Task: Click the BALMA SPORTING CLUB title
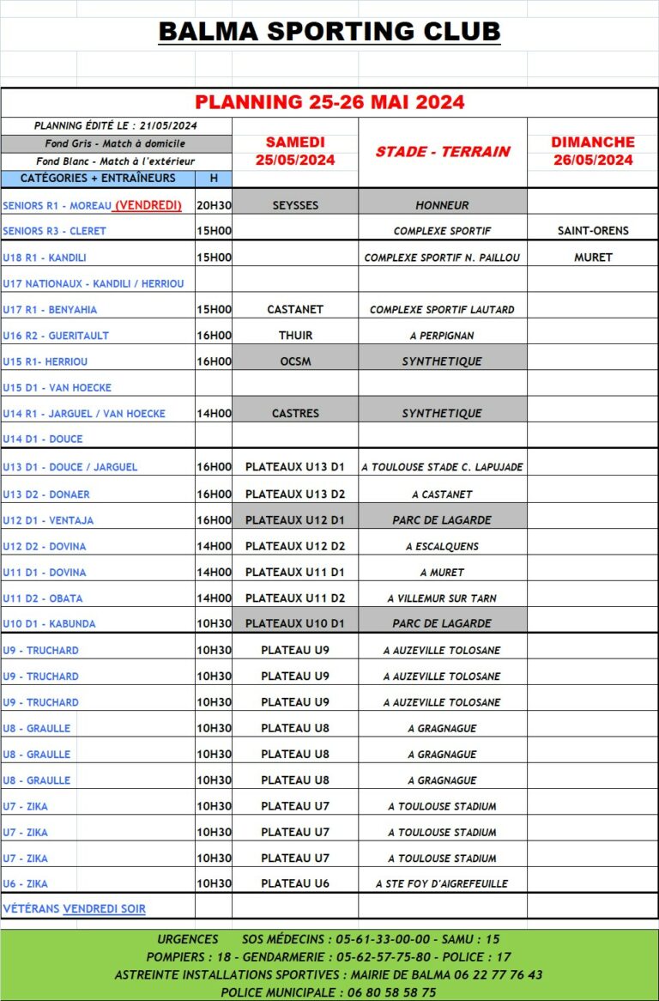pyautogui.click(x=329, y=32)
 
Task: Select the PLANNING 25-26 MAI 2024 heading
pyautogui.click(x=329, y=102)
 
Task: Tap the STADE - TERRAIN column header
pyautogui.click(x=443, y=152)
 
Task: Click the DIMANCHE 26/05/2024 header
pyautogui.click(x=593, y=151)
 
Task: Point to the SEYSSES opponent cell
pyautogui.click(x=295, y=206)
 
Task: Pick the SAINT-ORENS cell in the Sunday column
pyautogui.click(x=593, y=231)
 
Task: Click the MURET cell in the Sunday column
pyautogui.click(x=593, y=258)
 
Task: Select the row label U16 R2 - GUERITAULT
pyautogui.click(x=56, y=336)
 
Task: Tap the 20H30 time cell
pyautogui.click(x=214, y=206)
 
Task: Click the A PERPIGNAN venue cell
pyautogui.click(x=443, y=336)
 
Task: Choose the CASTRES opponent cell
pyautogui.click(x=295, y=414)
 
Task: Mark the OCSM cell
pyautogui.click(x=295, y=361)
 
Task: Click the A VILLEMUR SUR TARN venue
pyautogui.click(x=443, y=598)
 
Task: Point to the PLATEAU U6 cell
pyautogui.click(x=295, y=883)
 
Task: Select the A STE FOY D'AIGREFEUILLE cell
pyautogui.click(x=443, y=883)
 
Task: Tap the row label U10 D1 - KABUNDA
pyautogui.click(x=49, y=624)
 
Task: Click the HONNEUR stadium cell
pyautogui.click(x=443, y=206)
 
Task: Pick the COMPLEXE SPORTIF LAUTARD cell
pyautogui.click(x=443, y=309)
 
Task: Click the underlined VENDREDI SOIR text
pyautogui.click(x=104, y=909)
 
